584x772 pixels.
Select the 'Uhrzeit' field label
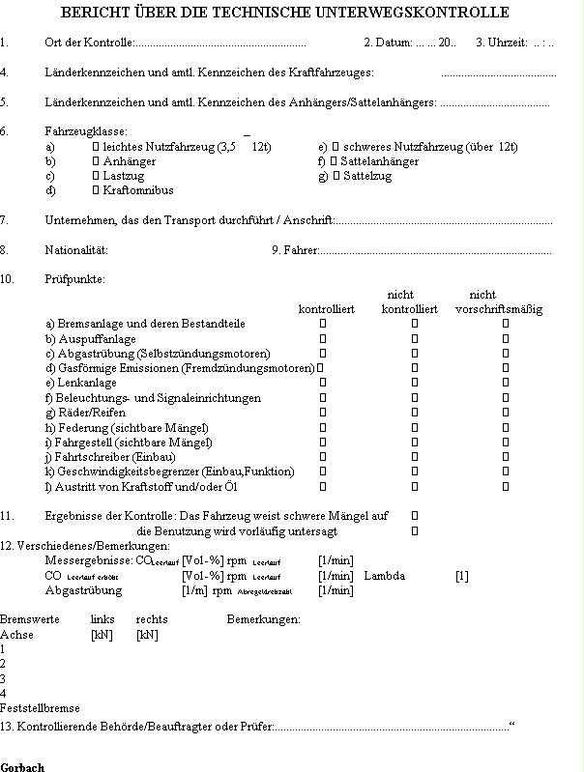(504, 43)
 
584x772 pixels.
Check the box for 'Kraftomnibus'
(96, 190)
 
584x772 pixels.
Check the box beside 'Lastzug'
(96, 176)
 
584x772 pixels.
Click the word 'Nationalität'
(76, 250)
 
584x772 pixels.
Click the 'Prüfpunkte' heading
(75, 279)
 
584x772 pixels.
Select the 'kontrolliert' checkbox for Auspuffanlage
(323, 339)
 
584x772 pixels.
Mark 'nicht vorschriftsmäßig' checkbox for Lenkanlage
(505, 384)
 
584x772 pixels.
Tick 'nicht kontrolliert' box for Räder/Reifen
(415, 413)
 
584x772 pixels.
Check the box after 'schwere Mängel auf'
(415, 516)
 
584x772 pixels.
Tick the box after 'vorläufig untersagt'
(415, 530)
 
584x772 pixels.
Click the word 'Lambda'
(384, 576)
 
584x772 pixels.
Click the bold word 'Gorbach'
(22, 766)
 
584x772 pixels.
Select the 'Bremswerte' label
(30, 618)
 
